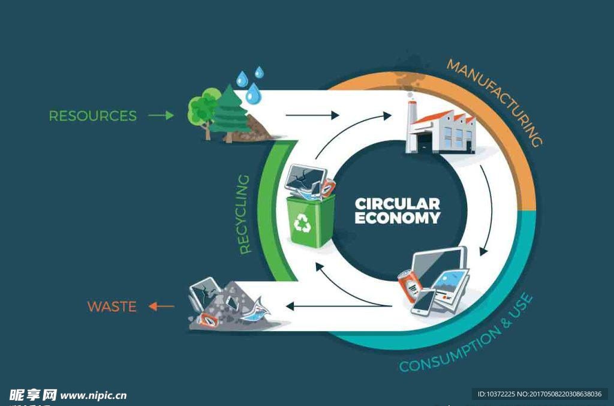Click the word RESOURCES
pyautogui.click(x=93, y=116)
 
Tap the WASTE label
pyautogui.click(x=112, y=307)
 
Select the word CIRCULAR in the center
pyautogui.click(x=398, y=204)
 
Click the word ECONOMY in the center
pyautogui.click(x=398, y=218)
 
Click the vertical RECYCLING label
pyautogui.click(x=245, y=214)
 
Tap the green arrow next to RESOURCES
pyautogui.click(x=161, y=115)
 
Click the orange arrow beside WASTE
pyautogui.click(x=161, y=306)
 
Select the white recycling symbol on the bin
pyautogui.click(x=302, y=224)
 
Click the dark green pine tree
pyautogui.click(x=230, y=112)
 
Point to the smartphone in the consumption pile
pyautogui.click(x=423, y=301)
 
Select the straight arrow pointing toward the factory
pyautogui.click(x=312, y=115)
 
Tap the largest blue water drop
pyautogui.click(x=254, y=94)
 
